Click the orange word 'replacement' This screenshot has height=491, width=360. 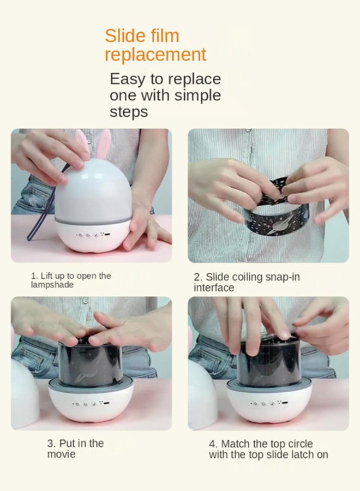[x=155, y=55]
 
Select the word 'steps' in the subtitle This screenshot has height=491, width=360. [x=129, y=112]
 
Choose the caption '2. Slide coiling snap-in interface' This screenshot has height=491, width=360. [x=247, y=282]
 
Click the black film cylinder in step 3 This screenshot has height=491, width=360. [x=91, y=360]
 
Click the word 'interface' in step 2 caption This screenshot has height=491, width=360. [x=214, y=288]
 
